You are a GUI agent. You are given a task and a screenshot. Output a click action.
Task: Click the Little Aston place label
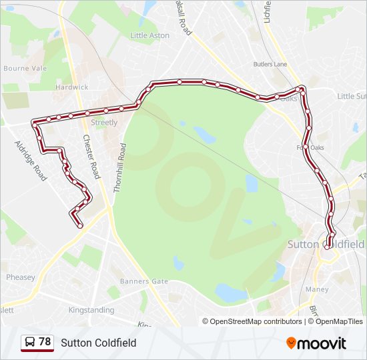coord(150,35)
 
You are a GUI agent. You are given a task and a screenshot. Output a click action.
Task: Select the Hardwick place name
coord(72,87)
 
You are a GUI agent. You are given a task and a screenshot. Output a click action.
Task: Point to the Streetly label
coord(104,123)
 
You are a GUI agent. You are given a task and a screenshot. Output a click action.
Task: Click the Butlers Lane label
coord(270,65)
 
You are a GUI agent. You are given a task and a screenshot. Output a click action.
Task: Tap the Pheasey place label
coord(20,277)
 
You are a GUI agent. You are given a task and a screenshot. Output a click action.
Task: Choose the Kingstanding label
coord(92,310)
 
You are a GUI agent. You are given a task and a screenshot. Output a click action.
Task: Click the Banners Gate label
coord(144,281)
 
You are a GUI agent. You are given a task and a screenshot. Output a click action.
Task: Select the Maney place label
coord(316,289)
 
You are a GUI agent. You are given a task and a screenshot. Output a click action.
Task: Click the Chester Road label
coord(91,157)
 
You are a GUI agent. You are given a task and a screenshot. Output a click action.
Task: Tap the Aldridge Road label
coord(31,160)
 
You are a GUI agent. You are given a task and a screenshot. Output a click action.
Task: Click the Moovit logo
coord(316,343)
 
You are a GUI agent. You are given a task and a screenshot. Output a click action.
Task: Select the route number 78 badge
coord(37,343)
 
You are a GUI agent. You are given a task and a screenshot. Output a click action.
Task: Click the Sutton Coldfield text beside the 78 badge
coord(99,343)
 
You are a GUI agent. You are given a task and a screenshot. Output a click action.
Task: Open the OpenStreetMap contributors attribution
coord(252,321)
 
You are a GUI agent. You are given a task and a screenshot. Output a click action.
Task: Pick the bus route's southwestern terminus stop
coord(80,226)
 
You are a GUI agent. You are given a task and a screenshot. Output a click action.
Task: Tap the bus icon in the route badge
coord(30,343)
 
